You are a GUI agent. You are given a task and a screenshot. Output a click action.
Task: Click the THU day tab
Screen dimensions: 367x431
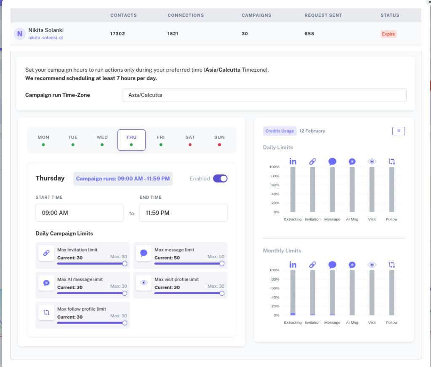[x=131, y=140]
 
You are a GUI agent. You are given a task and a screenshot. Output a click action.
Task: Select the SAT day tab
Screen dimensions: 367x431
[x=190, y=140]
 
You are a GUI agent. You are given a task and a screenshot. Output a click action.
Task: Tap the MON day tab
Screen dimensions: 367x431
[x=43, y=140]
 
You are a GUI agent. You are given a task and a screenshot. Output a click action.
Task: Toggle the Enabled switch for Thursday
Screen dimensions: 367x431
[x=220, y=179]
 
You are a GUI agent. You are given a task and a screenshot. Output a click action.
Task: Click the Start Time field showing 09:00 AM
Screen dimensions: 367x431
[x=79, y=213]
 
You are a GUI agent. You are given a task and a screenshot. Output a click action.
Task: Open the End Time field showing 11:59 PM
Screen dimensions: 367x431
[x=183, y=213]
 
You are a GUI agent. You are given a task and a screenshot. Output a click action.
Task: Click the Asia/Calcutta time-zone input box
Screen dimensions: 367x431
[x=264, y=95]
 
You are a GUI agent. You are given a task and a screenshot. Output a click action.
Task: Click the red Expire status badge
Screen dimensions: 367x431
[x=388, y=34]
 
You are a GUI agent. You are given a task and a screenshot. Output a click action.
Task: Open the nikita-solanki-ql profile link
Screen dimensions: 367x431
[x=45, y=38]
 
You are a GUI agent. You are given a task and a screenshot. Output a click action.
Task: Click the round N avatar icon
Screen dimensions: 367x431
[x=19, y=34]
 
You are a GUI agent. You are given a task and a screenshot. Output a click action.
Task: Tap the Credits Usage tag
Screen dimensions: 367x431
[x=279, y=131]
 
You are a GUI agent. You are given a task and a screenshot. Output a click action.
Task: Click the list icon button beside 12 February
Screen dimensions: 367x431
[x=398, y=131]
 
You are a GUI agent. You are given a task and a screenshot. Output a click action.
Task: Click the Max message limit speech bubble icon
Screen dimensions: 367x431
[x=144, y=253]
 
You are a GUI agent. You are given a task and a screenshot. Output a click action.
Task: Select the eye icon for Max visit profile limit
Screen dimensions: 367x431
[x=144, y=283]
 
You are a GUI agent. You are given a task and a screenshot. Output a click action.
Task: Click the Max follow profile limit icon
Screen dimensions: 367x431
[x=46, y=312]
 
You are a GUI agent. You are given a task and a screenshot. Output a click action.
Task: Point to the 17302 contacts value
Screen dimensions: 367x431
[x=117, y=34]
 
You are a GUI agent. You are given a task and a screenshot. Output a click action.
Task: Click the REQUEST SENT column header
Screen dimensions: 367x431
[x=323, y=15]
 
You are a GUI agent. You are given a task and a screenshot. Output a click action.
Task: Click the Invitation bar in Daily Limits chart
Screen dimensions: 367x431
[x=312, y=189]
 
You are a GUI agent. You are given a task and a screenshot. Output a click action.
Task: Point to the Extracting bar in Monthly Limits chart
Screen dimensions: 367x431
[x=293, y=292]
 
